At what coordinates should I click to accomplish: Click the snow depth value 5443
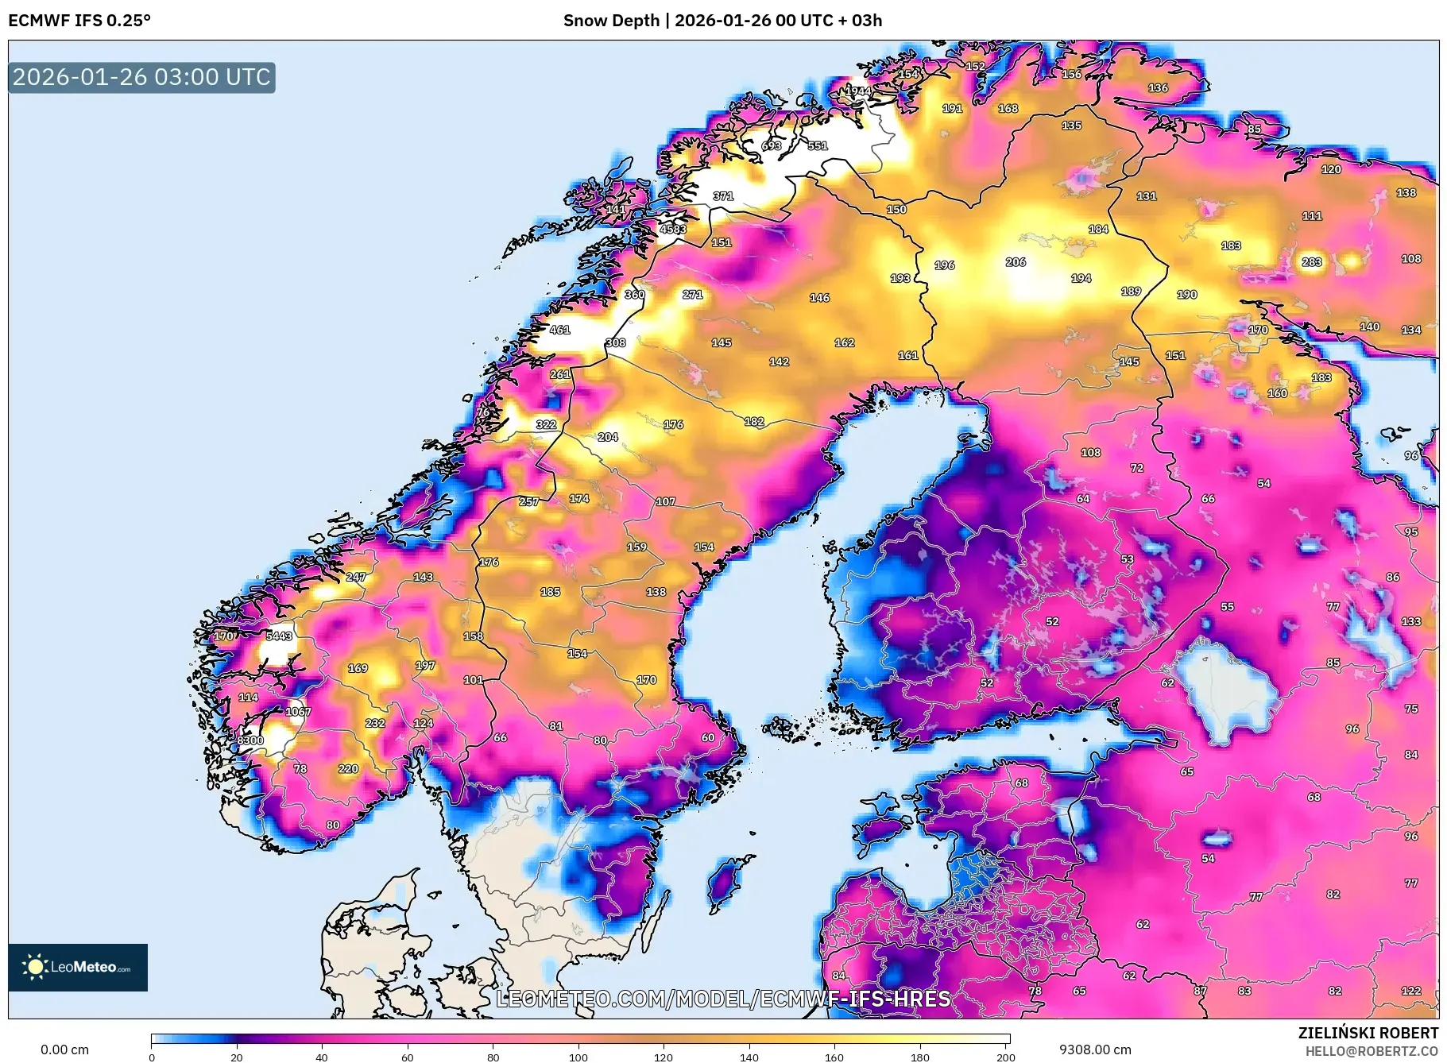coord(279,636)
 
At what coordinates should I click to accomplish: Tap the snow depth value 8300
coord(250,740)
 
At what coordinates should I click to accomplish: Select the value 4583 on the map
coord(672,229)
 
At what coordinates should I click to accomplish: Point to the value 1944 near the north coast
coord(857,91)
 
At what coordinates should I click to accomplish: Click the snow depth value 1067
coord(298,711)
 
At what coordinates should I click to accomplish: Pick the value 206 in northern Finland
coord(1015,261)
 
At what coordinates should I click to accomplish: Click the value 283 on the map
coord(1311,261)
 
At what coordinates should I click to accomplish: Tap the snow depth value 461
coord(559,329)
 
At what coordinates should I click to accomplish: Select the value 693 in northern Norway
coord(771,145)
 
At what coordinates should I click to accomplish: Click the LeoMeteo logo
coord(78,967)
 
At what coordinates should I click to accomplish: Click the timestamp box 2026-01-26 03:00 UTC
coord(141,77)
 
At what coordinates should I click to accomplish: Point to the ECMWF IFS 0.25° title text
coord(79,21)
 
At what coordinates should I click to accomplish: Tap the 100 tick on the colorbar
coord(578,1057)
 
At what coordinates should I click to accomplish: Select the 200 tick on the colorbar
coord(1005,1057)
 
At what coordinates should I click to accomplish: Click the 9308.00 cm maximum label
coord(1094,1049)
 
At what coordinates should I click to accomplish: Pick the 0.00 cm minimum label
coord(64,1049)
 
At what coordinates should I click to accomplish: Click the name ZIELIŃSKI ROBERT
coord(1368,1033)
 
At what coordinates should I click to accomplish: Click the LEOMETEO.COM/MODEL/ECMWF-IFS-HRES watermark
coord(723,999)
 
